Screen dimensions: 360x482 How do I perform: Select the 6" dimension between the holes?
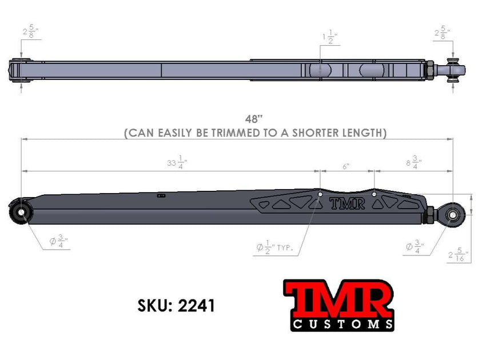[x=346, y=166]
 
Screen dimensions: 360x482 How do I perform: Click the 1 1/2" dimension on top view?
[x=329, y=38]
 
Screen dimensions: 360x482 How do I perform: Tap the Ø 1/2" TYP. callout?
[x=278, y=247]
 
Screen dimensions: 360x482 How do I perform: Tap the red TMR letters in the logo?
[x=338, y=299]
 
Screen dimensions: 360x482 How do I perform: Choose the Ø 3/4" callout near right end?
[x=416, y=247]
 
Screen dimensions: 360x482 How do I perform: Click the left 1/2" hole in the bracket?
[x=320, y=195]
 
